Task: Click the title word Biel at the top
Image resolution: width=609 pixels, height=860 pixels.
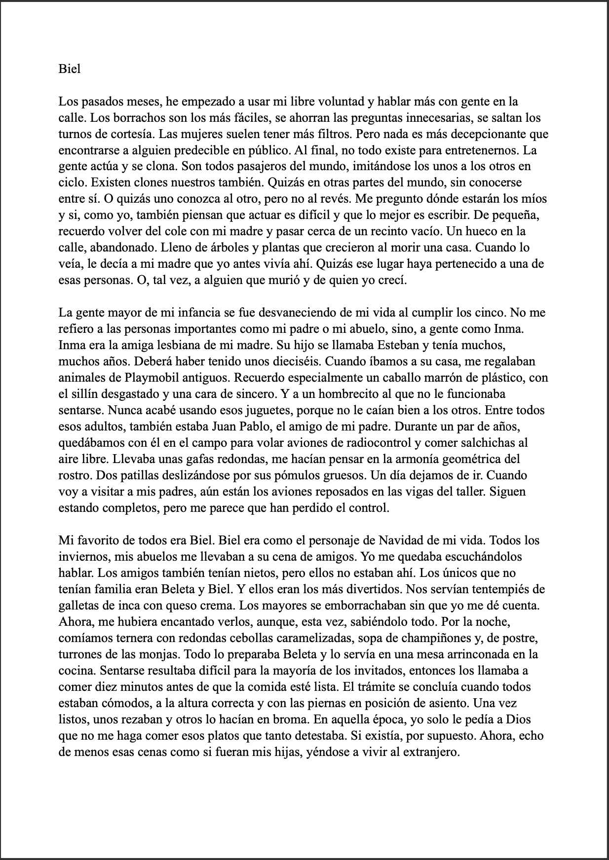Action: coord(69,69)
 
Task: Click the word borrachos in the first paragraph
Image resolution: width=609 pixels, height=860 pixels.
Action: coord(116,118)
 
